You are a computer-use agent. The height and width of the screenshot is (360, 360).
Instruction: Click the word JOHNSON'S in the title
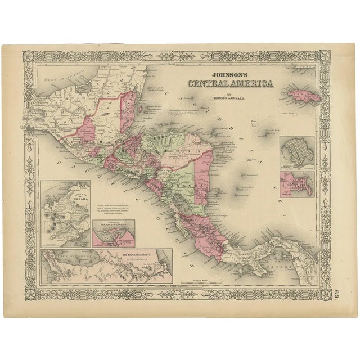[231, 73]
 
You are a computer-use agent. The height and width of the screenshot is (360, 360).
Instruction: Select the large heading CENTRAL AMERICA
[231, 84]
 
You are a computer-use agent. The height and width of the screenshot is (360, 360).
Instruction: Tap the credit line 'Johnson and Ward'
[231, 97]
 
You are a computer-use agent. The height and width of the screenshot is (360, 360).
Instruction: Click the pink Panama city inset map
[297, 184]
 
